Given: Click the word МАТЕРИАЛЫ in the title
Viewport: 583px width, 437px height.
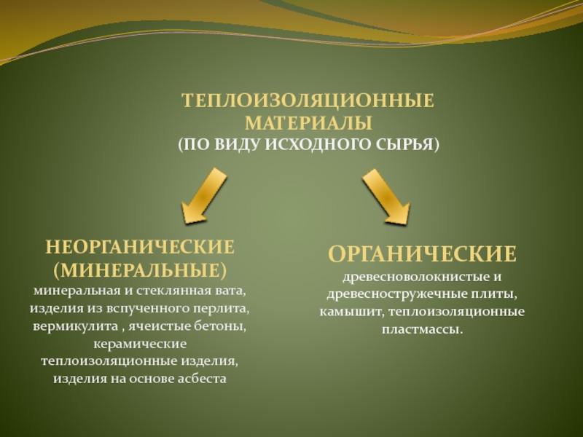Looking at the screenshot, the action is coord(308,121).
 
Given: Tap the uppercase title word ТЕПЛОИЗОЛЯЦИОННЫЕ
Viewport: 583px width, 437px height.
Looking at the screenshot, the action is coord(308,100).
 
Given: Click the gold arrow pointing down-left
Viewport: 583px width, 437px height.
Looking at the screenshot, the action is coord(203,194).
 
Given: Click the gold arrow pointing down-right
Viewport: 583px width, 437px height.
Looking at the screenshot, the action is coord(386,196).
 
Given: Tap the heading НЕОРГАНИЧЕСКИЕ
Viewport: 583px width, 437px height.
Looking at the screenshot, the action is coord(139,247).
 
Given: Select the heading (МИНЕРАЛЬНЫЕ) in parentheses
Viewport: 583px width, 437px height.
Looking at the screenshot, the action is coord(139,270).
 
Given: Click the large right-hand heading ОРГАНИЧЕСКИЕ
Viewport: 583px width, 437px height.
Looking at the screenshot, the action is coord(422,254).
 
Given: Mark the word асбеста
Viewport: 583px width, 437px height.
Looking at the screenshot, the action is coord(201,379).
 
